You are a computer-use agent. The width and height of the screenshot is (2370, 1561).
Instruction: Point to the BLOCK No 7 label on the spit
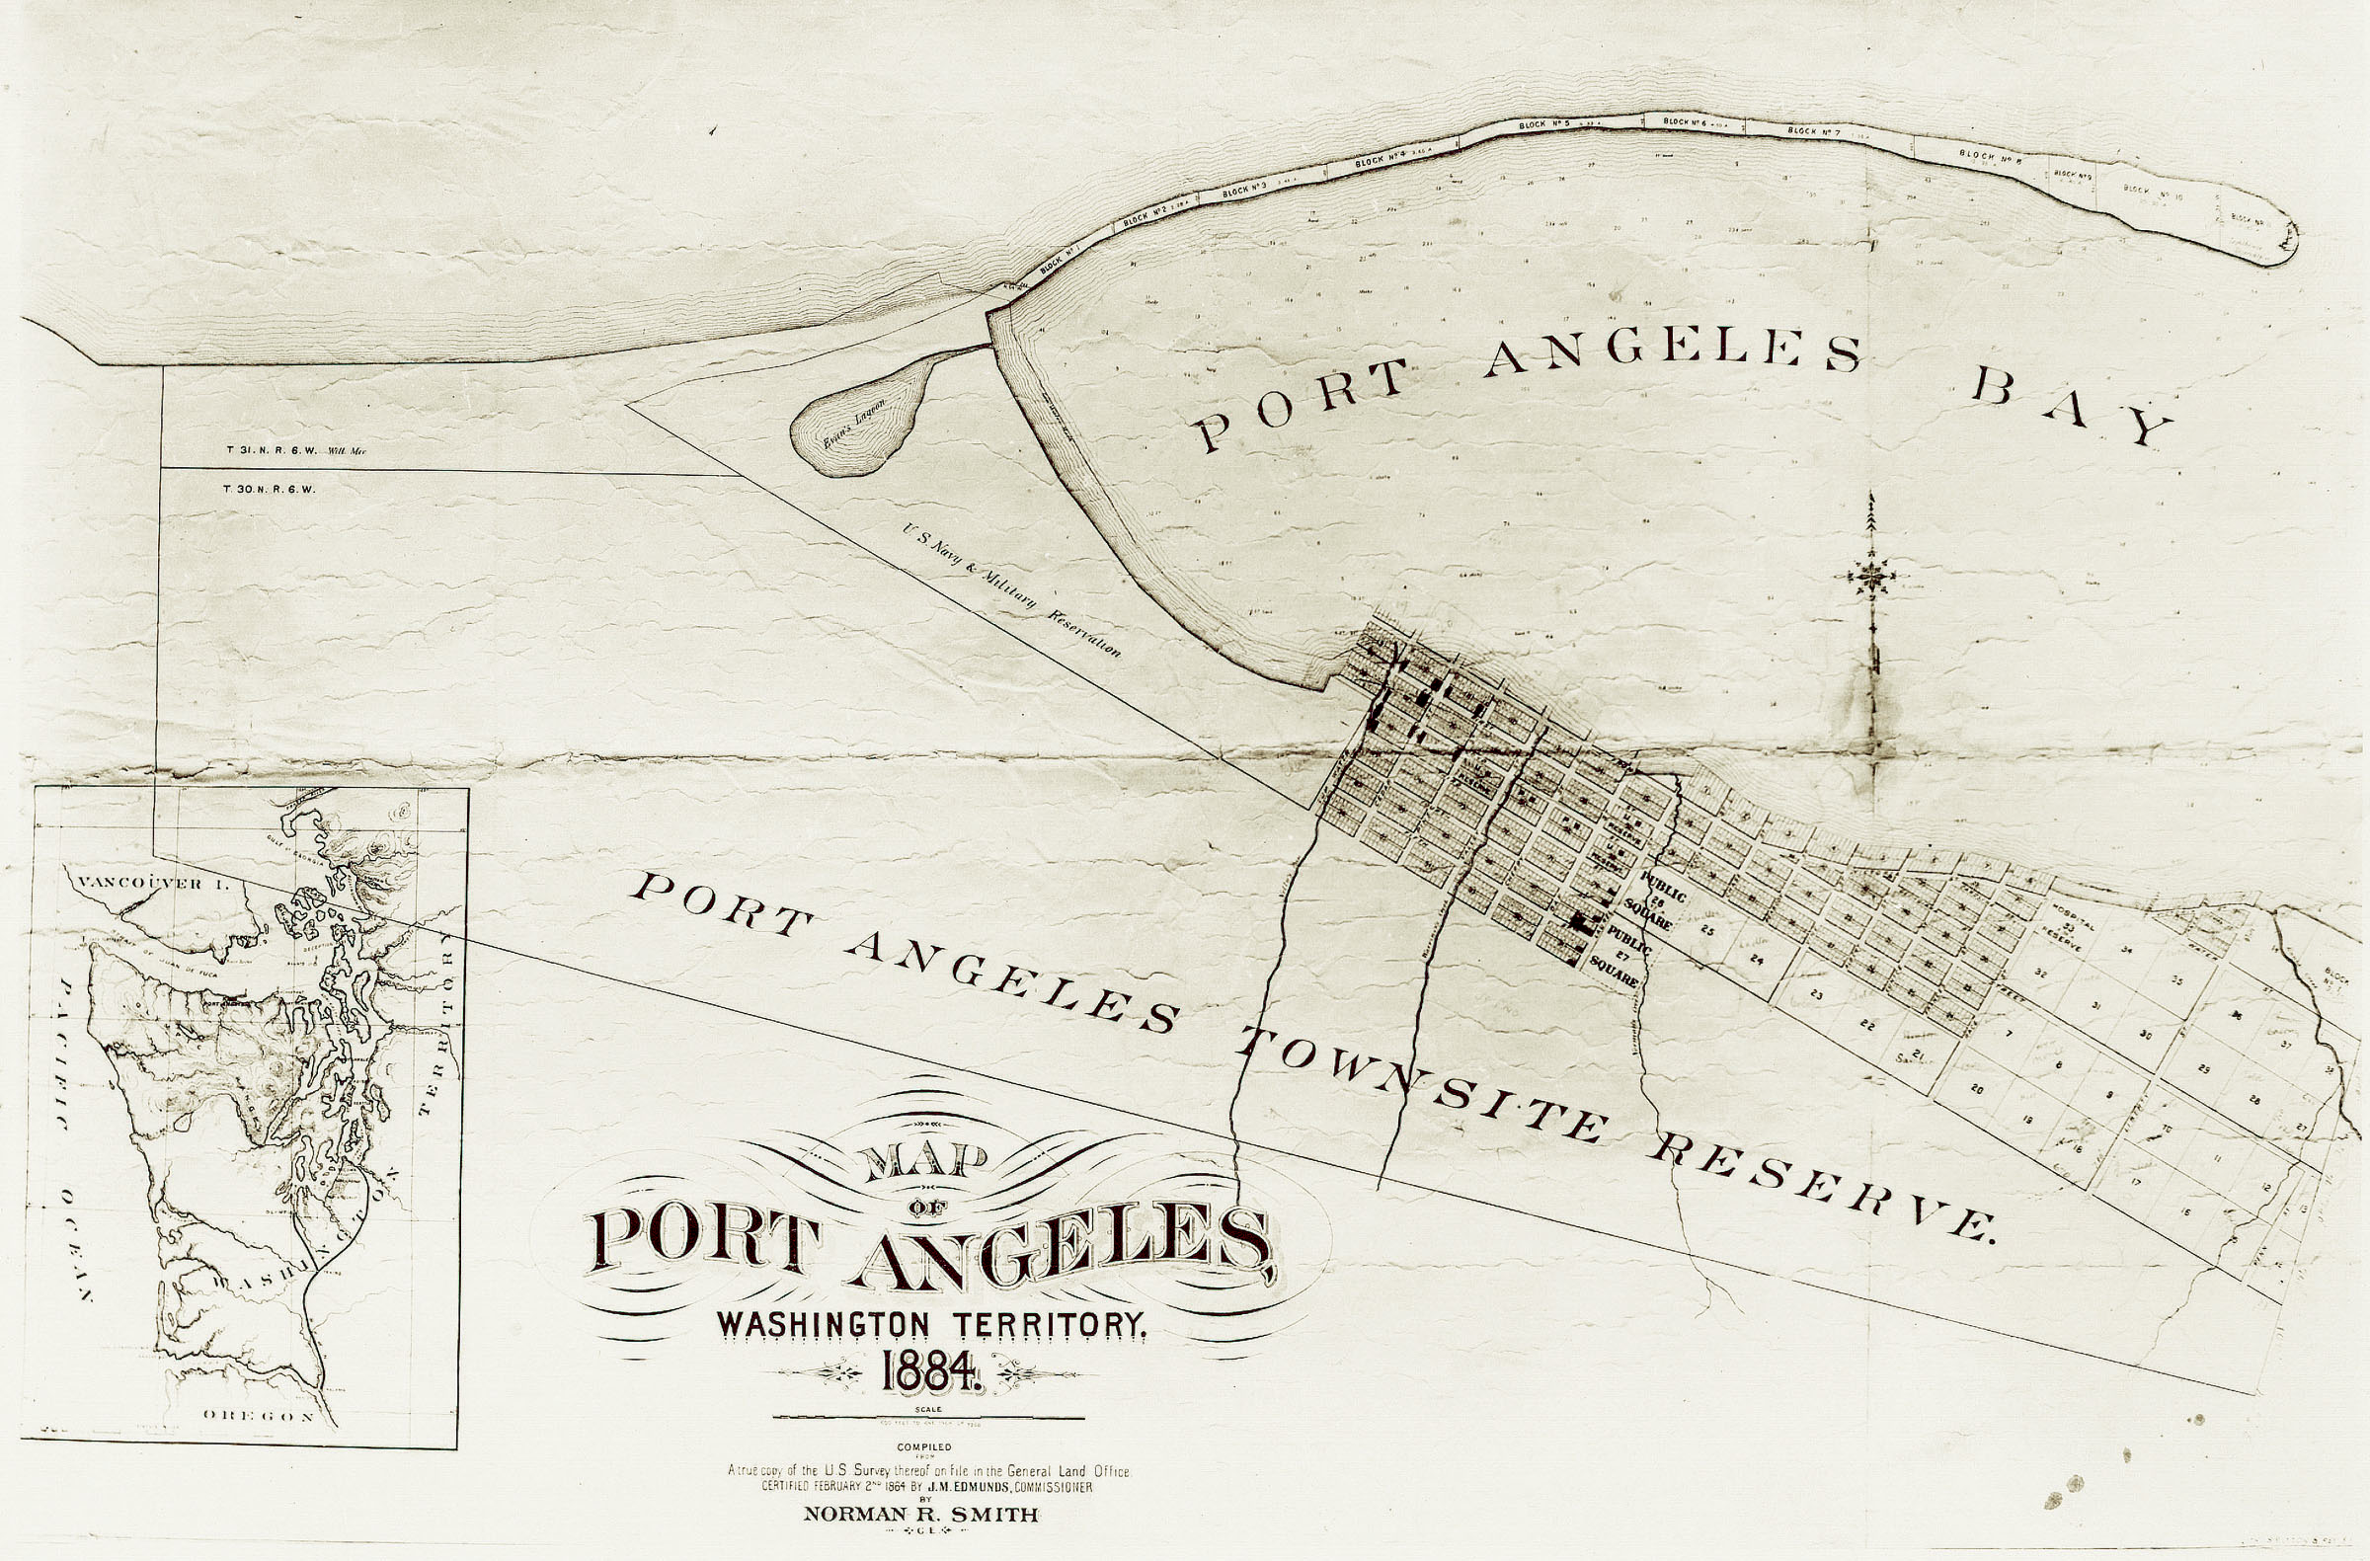point(1813,131)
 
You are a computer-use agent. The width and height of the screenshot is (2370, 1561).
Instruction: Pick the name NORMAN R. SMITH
point(921,1516)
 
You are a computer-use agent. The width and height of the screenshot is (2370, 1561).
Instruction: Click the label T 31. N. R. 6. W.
point(271,450)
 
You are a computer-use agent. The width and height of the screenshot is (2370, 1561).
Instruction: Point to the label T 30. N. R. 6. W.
point(270,490)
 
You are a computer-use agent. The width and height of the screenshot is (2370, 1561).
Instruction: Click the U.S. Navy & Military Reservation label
point(1010,590)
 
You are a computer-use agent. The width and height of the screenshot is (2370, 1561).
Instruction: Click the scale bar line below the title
point(928,1419)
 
